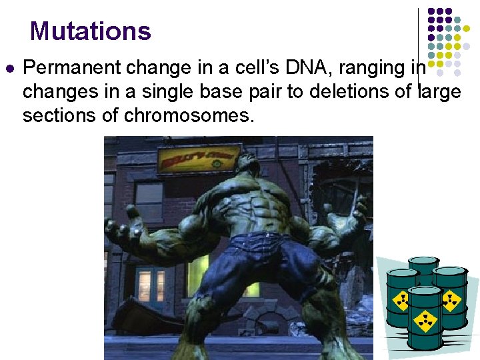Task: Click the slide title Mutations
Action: [x=91, y=31]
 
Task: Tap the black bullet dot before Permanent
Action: [x=9, y=68]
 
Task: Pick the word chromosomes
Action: [x=187, y=116]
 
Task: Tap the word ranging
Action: [x=369, y=68]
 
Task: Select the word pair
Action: [x=264, y=92]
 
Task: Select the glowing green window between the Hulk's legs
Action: [x=251, y=288]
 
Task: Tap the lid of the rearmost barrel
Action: [x=423, y=261]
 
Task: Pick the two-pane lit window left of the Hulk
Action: [x=151, y=285]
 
